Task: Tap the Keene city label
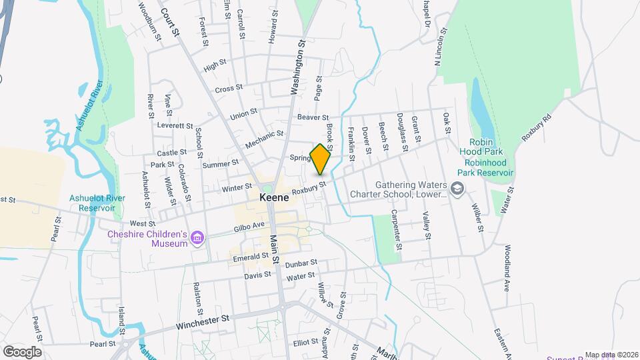(x=273, y=199)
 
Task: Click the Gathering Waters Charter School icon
(x=457, y=189)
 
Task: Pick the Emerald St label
(x=251, y=256)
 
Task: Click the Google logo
(x=22, y=351)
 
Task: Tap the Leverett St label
(x=175, y=125)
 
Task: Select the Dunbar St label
(x=299, y=265)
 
